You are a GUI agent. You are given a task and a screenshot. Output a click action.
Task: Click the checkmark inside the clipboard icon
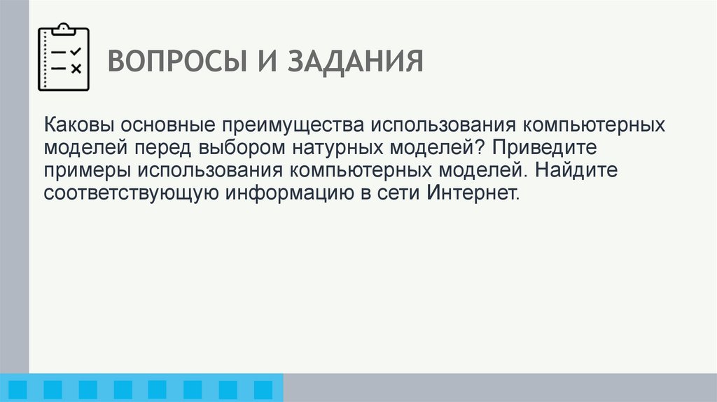click(76, 52)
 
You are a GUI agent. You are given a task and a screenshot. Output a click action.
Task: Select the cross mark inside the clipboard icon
click(76, 68)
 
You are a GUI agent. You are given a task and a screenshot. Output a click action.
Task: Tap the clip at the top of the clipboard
click(63, 29)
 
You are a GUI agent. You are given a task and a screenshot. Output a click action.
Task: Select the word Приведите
click(538, 148)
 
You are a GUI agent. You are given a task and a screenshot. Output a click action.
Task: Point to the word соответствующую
click(132, 193)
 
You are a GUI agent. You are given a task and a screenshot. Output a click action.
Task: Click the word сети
click(398, 192)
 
